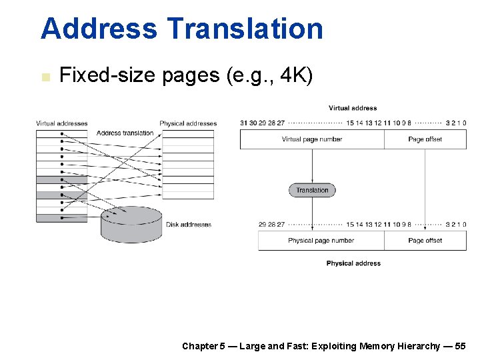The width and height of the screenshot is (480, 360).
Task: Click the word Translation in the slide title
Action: pyautogui.click(x=245, y=29)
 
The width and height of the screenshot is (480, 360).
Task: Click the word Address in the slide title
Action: pyautogui.click(x=99, y=29)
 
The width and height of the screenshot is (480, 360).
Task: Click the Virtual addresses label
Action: pyautogui.click(x=62, y=123)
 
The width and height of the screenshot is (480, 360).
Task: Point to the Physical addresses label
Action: pyautogui.click(x=188, y=123)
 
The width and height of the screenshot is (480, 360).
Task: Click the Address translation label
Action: pyautogui.click(x=125, y=133)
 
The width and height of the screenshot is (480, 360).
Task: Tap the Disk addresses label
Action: pyautogui.click(x=189, y=225)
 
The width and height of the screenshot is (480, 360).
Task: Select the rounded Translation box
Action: pyautogui.click(x=313, y=190)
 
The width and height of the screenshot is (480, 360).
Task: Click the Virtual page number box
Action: pyautogui.click(x=312, y=139)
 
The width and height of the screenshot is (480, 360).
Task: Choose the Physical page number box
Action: pyautogui.click(x=321, y=241)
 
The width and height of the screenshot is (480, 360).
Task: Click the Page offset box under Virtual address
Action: pyautogui.click(x=425, y=139)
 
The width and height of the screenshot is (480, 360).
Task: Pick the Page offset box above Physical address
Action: pyautogui.click(x=425, y=241)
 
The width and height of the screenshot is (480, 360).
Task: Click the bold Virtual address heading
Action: pyautogui.click(x=353, y=108)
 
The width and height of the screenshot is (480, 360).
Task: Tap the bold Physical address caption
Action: pyautogui.click(x=353, y=263)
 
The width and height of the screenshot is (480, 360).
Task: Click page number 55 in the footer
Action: pyautogui.click(x=460, y=346)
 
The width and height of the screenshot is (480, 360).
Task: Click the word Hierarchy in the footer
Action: pyautogui.click(x=418, y=346)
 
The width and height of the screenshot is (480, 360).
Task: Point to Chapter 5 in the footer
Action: pyautogui.click(x=203, y=346)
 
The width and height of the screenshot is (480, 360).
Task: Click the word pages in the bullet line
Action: pyautogui.click(x=191, y=76)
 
